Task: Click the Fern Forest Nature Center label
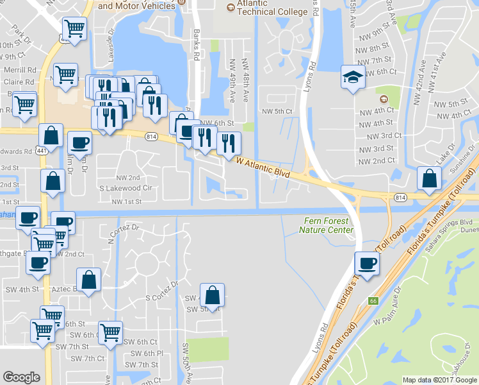pos(327,225)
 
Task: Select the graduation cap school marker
pos(352,79)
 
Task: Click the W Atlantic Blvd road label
pos(263,169)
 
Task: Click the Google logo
pos(22,377)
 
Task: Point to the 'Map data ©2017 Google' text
pos(439,380)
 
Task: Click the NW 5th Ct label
pos(277,111)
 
